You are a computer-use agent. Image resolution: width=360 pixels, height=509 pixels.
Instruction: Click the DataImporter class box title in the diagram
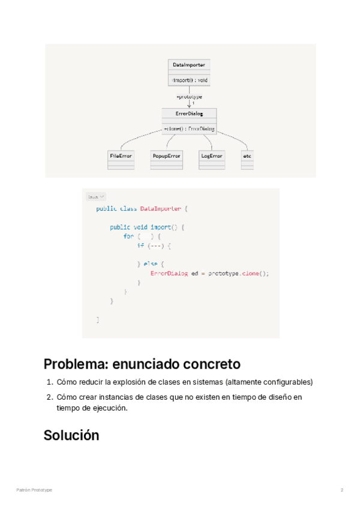189,64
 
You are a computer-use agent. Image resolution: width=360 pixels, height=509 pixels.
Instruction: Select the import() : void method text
190,80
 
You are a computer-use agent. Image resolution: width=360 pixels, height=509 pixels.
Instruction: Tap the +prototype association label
189,96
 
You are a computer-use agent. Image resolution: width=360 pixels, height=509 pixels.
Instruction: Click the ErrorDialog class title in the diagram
189,113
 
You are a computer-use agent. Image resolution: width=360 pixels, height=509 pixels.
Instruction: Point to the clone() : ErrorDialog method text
189,128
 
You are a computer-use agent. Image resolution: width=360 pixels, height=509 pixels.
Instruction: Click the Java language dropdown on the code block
95,196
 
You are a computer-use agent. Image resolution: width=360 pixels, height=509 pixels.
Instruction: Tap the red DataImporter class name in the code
160,209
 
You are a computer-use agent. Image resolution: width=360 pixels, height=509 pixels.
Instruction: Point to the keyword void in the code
140,227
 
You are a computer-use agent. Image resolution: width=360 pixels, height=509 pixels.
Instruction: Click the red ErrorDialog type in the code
169,273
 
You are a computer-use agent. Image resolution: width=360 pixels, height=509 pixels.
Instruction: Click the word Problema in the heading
72,364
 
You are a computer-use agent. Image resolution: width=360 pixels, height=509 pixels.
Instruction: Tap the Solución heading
71,436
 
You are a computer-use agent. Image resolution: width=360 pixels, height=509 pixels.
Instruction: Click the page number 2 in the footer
342,490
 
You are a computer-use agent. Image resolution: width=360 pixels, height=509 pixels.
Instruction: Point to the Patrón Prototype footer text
34,490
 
